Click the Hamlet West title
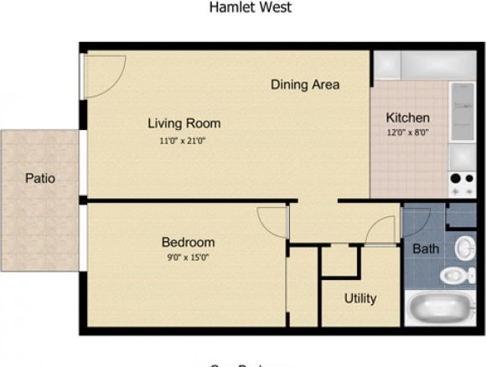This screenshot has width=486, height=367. pos(251,8)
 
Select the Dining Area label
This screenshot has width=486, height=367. pos(305,85)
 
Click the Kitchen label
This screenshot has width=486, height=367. pos(407,117)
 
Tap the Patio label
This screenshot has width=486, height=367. pos(39,178)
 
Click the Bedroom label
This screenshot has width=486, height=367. pos(188,242)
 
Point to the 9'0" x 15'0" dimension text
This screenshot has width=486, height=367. pos(188,257)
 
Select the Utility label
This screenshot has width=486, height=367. pos(360,298)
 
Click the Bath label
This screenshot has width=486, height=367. pos(426,249)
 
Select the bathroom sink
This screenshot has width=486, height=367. pos(466,248)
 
